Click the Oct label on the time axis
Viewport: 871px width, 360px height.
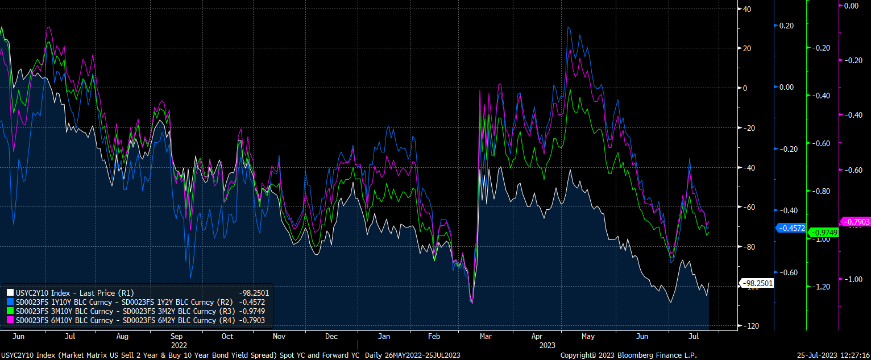pos(227,336)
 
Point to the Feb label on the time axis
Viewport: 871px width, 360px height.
pos(433,336)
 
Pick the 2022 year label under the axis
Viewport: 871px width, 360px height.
pos(179,345)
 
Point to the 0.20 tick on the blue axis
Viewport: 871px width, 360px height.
pos(786,26)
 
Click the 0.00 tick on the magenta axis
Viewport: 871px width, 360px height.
pos(851,6)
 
